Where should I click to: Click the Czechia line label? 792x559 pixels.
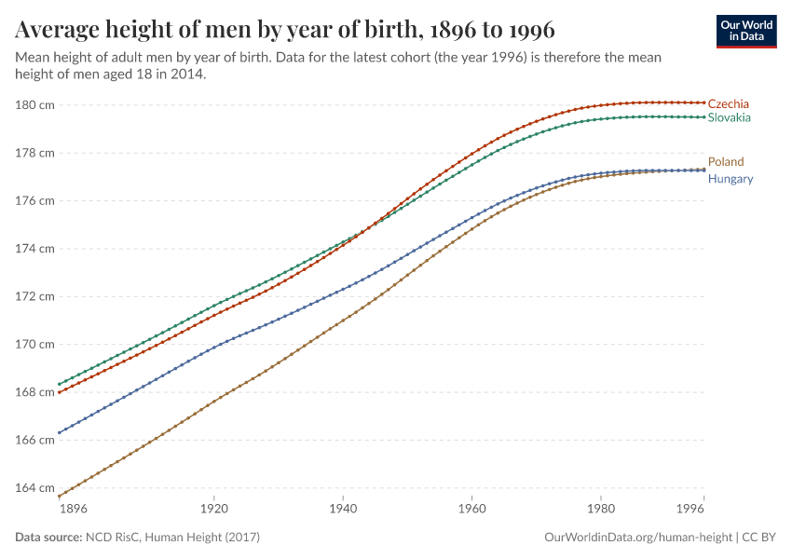(x=728, y=103)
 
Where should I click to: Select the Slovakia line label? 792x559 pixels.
(x=729, y=117)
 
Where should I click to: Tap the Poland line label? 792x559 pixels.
(x=726, y=161)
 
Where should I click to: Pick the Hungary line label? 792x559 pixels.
(x=731, y=178)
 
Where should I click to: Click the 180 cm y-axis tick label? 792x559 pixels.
(x=34, y=104)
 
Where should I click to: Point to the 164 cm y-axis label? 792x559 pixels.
(x=34, y=487)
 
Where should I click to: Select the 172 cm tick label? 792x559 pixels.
(x=34, y=296)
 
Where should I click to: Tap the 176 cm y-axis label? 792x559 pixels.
(x=34, y=200)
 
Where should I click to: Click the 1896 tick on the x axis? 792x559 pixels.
(x=73, y=511)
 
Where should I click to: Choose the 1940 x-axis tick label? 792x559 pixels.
(x=343, y=511)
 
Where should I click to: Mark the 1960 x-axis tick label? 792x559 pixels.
(x=471, y=511)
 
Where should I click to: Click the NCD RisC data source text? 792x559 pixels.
(x=172, y=538)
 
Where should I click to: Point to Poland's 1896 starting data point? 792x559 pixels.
(x=59, y=497)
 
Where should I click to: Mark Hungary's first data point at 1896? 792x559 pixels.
(x=59, y=432)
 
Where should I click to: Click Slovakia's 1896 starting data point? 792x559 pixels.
(x=59, y=384)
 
